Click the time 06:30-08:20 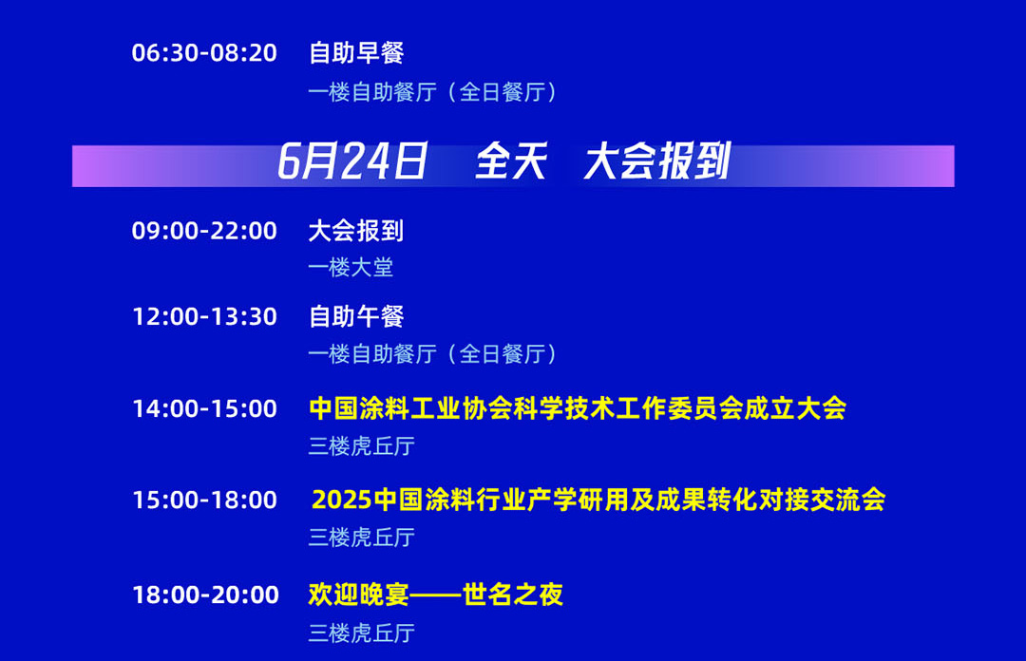(204, 53)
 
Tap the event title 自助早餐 (356, 53)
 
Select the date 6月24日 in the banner (352, 161)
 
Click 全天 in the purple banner (511, 161)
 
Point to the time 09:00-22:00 (204, 231)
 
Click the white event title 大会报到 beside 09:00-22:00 (356, 231)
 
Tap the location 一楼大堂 (351, 268)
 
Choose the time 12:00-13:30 (205, 317)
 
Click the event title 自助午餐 (356, 317)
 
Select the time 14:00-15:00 (205, 409)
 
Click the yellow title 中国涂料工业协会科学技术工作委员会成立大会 (578, 408)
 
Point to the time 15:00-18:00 (205, 500)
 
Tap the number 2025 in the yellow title (342, 500)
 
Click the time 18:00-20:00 (205, 595)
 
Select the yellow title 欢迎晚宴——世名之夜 (436, 595)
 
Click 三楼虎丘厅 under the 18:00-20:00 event (362, 633)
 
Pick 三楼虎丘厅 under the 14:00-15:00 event (362, 446)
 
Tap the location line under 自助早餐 (432, 92)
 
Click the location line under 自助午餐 (432, 354)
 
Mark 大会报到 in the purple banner (657, 161)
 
